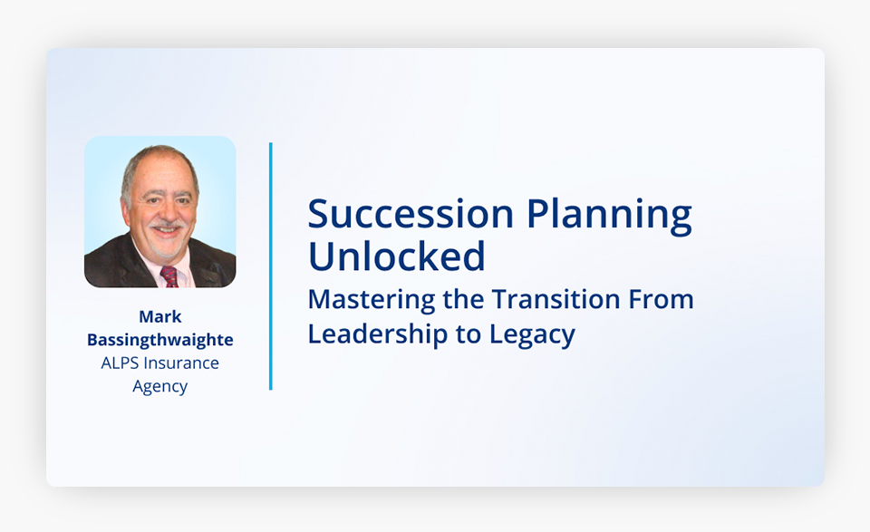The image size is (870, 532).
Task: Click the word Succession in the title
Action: pyautogui.click(x=411, y=214)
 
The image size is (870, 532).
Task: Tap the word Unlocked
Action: pyautogui.click(x=397, y=256)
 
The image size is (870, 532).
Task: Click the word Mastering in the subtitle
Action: pyautogui.click(x=372, y=301)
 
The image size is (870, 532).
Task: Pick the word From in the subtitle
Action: pyautogui.click(x=661, y=300)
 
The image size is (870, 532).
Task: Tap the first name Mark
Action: pyautogui.click(x=159, y=317)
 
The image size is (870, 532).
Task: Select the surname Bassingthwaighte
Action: pyautogui.click(x=159, y=340)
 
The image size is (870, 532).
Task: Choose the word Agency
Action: pyautogui.click(x=159, y=387)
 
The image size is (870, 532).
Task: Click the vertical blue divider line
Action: pyautogui.click(x=271, y=266)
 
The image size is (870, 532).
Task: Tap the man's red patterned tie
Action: pyautogui.click(x=169, y=276)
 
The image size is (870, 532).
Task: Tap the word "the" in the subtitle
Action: pyautogui.click(x=463, y=300)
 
